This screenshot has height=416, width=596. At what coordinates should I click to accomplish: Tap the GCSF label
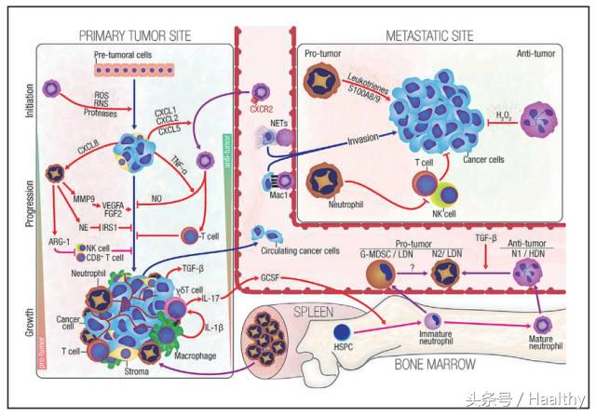[x=271, y=276]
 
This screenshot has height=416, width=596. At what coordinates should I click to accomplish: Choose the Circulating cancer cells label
[x=299, y=251]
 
